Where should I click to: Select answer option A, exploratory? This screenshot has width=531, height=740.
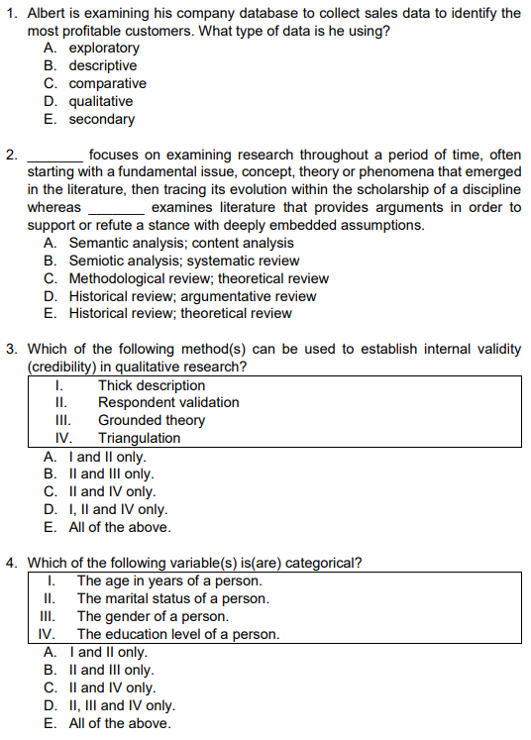103,48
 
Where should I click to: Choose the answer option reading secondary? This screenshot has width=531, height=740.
101,119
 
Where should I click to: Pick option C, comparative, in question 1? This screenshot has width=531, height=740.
107,83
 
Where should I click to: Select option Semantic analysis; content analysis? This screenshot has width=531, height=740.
180,243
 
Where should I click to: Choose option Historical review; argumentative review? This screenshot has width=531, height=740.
192,296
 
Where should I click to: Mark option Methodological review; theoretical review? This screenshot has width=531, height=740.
198,278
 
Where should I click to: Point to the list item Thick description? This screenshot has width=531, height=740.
152,385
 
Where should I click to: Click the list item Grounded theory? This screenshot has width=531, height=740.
151,420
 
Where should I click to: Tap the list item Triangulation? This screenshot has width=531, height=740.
139,438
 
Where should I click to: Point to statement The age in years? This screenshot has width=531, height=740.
169,581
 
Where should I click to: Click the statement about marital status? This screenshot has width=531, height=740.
172,598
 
